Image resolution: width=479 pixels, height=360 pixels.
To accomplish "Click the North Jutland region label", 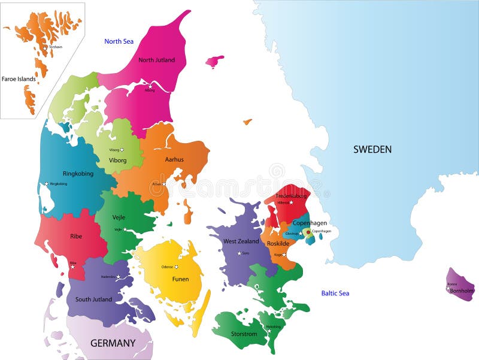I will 156,60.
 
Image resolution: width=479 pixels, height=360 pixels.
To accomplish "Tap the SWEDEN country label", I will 372,149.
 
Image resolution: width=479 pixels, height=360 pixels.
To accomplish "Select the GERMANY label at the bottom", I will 113,343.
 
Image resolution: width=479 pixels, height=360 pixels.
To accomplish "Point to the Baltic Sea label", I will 335,293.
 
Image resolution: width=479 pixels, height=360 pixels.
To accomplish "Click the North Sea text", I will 119,41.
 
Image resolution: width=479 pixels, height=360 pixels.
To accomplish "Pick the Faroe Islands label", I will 19,78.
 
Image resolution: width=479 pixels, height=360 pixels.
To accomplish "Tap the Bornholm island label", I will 462,291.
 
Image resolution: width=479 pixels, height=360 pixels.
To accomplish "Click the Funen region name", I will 180,279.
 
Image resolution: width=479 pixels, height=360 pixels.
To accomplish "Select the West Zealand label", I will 241,241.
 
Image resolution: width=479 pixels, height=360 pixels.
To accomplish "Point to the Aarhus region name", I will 174,159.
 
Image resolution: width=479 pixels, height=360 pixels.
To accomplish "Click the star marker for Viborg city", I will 122,150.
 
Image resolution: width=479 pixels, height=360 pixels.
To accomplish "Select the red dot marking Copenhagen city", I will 308,232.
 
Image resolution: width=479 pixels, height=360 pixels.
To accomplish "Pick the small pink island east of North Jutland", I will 214,61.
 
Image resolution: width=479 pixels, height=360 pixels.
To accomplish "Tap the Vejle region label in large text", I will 119,217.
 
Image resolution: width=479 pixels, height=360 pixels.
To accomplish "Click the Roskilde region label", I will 278,244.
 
